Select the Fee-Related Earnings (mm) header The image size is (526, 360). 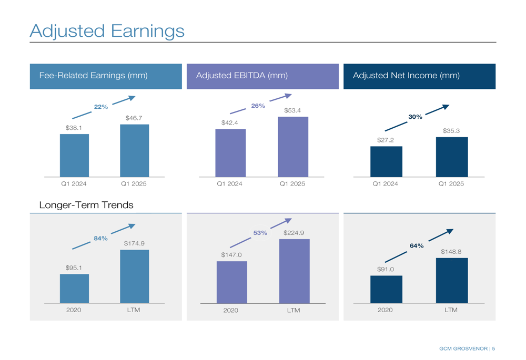(93, 76)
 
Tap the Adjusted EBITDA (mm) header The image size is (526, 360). (241, 76)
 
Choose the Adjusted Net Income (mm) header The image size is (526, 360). (406, 76)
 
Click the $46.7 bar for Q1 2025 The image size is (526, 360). (134, 151)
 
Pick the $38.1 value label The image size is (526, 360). (74, 128)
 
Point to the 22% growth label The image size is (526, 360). (101, 107)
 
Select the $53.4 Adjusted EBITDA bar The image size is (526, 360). (293, 147)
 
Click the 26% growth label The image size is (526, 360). (258, 106)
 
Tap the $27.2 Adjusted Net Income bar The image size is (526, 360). (386, 162)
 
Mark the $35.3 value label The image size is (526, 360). (451, 131)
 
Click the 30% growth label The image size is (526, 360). (416, 117)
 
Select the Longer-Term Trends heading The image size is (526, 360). (86, 205)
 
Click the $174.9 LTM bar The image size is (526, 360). (134, 276)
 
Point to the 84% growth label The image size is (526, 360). (100, 238)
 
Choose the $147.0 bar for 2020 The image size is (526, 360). (231, 282)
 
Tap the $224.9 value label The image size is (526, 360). (294, 233)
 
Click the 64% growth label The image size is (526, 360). (417, 245)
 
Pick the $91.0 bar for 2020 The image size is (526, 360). (386, 289)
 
